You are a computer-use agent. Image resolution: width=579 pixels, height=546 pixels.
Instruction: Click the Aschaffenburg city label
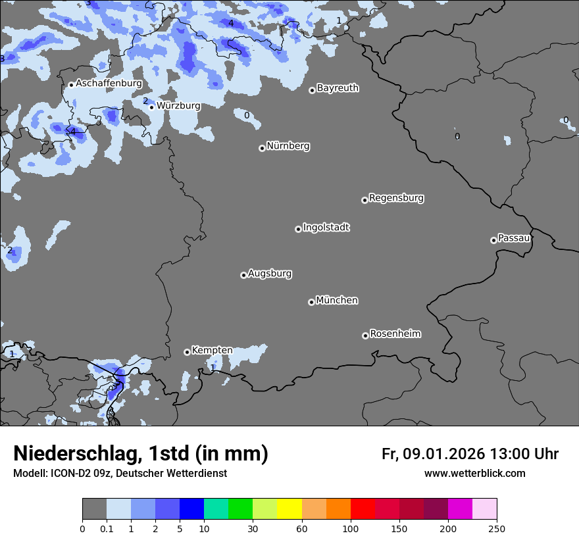click(x=109, y=84)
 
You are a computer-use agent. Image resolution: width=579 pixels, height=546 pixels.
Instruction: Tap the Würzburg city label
click(x=178, y=106)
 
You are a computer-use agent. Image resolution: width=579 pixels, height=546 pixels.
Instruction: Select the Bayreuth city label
click(x=338, y=88)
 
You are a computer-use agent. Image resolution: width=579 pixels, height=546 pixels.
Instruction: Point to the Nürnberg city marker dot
click(x=262, y=148)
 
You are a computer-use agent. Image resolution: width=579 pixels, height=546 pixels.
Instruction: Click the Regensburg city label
click(x=396, y=198)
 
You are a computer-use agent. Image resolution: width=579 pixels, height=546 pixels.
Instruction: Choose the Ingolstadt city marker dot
click(x=298, y=229)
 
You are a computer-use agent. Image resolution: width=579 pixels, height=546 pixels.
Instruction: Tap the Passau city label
click(x=514, y=238)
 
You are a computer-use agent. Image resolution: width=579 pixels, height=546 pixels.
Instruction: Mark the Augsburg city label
click(x=270, y=274)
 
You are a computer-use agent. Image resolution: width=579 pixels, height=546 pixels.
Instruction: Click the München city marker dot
click(x=311, y=302)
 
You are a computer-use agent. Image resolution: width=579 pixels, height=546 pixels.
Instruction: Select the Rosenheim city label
click(x=395, y=334)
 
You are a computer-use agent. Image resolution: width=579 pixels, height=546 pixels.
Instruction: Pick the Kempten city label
click(x=212, y=351)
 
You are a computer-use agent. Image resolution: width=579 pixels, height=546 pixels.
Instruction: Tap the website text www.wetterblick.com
click(x=474, y=474)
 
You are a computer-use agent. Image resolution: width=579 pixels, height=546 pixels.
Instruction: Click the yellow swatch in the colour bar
click(x=289, y=509)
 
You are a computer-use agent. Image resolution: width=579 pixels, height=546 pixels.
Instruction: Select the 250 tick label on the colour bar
click(x=497, y=528)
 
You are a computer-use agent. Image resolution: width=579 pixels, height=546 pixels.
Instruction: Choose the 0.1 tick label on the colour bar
click(x=107, y=528)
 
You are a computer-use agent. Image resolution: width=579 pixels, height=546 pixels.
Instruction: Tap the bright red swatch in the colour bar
click(x=363, y=509)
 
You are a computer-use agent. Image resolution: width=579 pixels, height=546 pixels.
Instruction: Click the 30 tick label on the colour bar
click(x=253, y=528)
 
